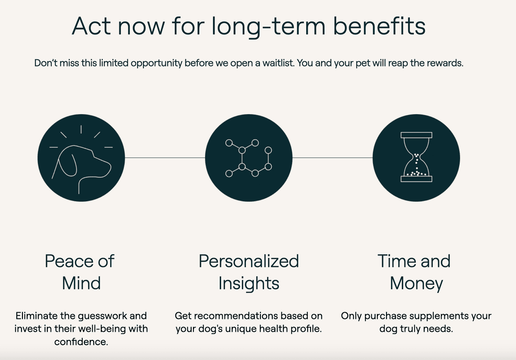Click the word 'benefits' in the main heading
379,26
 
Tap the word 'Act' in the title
91,26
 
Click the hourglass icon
416,157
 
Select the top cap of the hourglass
416,135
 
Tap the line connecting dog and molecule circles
165,158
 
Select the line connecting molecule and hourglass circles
333,158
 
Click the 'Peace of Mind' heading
80,272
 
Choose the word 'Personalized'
249,261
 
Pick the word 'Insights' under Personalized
249,283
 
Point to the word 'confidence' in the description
81,341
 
